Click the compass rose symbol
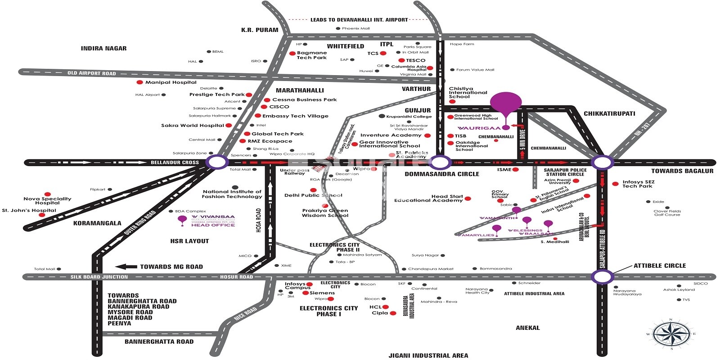[x=671, y=334]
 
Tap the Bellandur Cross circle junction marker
[x=216, y=162]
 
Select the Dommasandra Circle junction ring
[x=440, y=162]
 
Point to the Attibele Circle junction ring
[x=603, y=276]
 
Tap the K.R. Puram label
[x=260, y=30]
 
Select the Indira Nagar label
[x=103, y=48]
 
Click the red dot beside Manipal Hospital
[x=139, y=82]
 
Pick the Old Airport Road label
[x=92, y=73]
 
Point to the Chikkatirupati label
[x=609, y=113]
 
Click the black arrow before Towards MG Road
[x=126, y=266]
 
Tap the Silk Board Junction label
[x=99, y=277]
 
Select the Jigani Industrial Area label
[x=428, y=355]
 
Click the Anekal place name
[x=527, y=328]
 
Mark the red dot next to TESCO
[x=401, y=60]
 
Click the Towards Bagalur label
[x=682, y=171]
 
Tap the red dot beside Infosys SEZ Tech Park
[x=615, y=184]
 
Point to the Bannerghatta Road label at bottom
[x=159, y=342]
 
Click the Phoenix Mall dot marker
[x=338, y=28]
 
